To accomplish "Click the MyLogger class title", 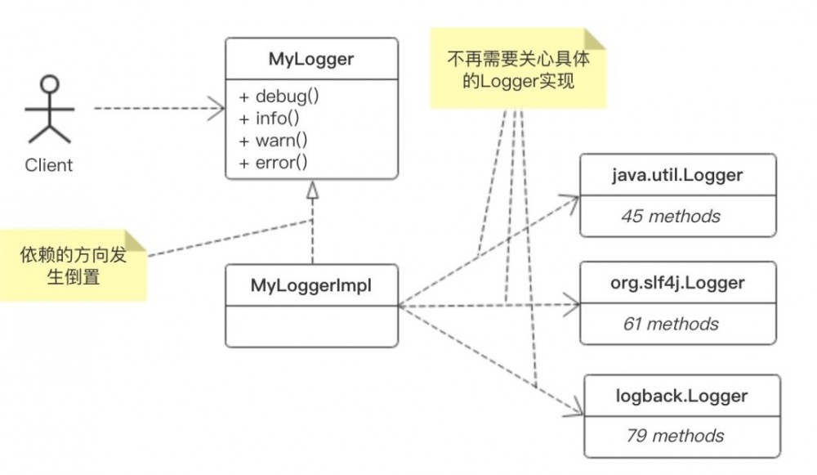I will click(x=310, y=59).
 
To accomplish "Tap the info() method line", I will click(x=274, y=118).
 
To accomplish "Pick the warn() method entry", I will click(x=275, y=140).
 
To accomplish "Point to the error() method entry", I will click(x=275, y=162).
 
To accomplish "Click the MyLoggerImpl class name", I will click(x=310, y=285).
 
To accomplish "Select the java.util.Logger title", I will click(x=677, y=174).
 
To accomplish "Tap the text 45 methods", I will click(x=671, y=216).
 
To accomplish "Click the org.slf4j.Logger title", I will click(x=677, y=282).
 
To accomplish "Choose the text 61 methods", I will click(x=671, y=324).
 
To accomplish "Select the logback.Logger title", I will click(x=681, y=396).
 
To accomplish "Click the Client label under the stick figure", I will click(x=49, y=165).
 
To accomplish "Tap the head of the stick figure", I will click(x=50, y=83).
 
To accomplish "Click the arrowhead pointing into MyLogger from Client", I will click(x=219, y=108).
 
